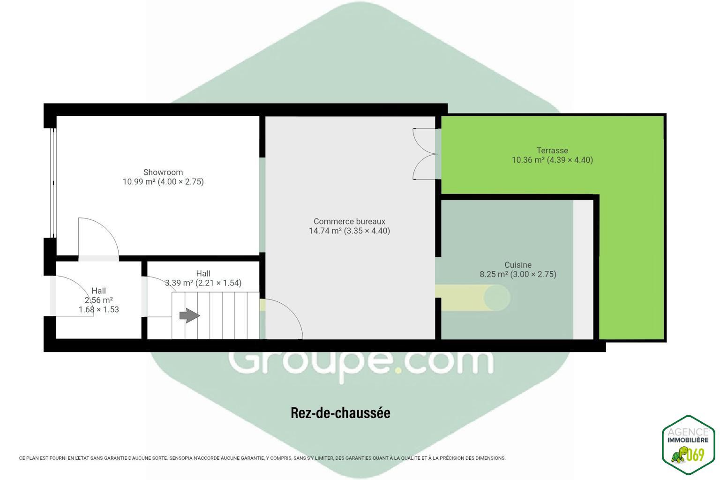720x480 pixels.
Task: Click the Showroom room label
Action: pos(163,172)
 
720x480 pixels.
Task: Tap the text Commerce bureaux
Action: pos(349,222)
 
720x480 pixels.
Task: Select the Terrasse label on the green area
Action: pos(552,150)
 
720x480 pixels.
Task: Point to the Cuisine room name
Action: pos(518,265)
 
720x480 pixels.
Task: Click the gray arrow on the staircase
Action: pos(190,315)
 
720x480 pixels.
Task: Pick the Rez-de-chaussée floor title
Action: pos(340,413)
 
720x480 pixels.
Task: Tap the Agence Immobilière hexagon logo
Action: pos(688,445)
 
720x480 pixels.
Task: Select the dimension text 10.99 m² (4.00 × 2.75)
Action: pos(163,182)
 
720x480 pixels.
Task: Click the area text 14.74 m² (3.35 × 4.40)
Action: pos(349,231)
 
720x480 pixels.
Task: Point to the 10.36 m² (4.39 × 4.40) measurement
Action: pos(552,160)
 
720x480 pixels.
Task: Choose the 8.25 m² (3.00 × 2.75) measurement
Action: pos(518,274)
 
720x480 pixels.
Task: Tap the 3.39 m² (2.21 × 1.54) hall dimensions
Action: pos(203,283)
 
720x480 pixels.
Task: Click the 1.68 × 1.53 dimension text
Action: pos(99,309)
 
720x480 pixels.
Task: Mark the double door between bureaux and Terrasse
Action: pos(425,154)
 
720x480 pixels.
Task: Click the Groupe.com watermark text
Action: pos(360,363)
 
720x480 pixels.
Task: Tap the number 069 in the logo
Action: pos(696,455)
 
